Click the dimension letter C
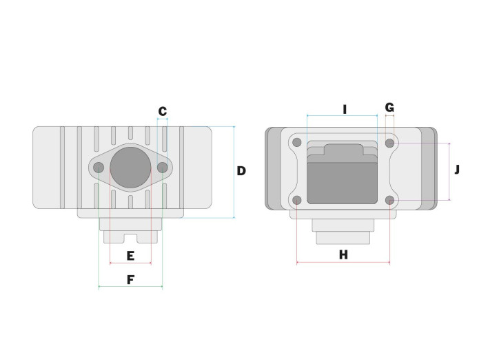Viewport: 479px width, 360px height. click(x=163, y=111)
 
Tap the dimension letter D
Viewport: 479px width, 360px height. click(x=241, y=171)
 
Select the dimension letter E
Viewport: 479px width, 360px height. click(x=130, y=256)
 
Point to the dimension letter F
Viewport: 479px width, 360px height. click(x=130, y=279)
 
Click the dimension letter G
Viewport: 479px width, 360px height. click(x=389, y=108)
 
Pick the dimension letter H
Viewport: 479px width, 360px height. click(x=343, y=254)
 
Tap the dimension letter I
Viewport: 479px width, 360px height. click(x=345, y=109)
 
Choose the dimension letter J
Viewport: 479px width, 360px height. click(x=457, y=169)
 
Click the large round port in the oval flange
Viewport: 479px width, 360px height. click(x=130, y=168)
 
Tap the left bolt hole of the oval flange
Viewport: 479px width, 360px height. click(x=99, y=168)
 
